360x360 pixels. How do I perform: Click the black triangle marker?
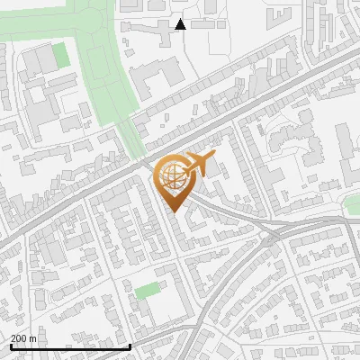[x=181, y=24]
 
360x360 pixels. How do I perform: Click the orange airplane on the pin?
[x=199, y=164]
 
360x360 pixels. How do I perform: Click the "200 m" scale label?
[x=23, y=338]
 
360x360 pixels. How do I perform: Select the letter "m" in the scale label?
[x=32, y=338]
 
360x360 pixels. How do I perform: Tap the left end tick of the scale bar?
[x=11, y=346]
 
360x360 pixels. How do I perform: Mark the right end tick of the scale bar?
[x=130, y=346]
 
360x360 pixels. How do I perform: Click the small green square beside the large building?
[x=60, y=55]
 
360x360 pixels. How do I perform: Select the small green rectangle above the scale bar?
[x=146, y=291]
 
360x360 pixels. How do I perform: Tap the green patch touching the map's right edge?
[x=353, y=205]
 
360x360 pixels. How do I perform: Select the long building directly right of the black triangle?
[x=209, y=24]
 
